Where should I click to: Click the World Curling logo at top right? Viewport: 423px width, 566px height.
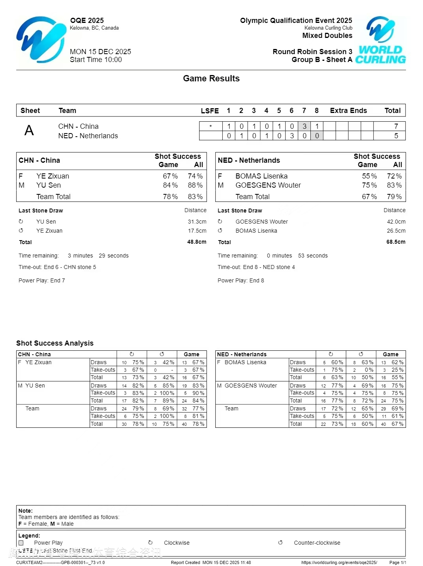[380, 40]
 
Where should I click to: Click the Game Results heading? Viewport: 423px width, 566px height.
[211, 79]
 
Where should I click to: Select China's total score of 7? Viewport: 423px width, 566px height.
[396, 126]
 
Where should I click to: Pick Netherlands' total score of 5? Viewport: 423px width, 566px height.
[396, 136]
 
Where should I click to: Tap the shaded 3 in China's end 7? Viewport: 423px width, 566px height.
[304, 126]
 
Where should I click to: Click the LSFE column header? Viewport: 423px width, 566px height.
[210, 111]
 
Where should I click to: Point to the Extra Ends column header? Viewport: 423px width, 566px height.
[348, 111]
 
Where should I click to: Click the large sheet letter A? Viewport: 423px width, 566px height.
[29, 131]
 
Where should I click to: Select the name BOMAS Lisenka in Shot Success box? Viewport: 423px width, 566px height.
[261, 176]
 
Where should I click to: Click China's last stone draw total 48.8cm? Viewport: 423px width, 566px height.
[197, 242]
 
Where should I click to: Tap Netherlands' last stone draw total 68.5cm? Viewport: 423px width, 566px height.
[396, 242]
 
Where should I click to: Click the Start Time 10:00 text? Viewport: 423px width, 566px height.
[96, 60]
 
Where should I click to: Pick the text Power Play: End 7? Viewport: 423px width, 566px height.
[42, 280]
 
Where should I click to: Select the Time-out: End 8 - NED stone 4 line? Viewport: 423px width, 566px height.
[256, 267]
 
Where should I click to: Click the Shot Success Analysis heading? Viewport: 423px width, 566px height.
[55, 343]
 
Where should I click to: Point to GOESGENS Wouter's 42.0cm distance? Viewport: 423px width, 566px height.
[396, 222]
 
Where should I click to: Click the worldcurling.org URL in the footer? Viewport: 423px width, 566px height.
[339, 562]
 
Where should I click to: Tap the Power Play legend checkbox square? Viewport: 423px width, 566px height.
[21, 543]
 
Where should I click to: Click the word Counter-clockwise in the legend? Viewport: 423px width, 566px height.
[317, 543]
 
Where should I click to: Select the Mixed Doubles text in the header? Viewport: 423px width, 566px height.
[327, 36]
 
